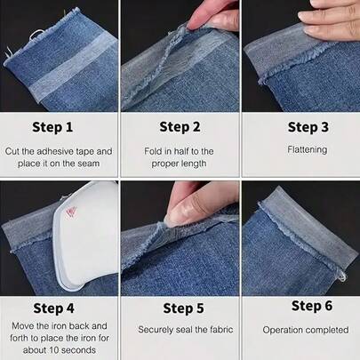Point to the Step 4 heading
click(60, 308)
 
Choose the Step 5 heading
click(180, 308)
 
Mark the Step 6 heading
click(300, 306)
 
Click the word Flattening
click(300, 150)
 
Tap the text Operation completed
click(300, 330)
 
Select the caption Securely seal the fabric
click(180, 330)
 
